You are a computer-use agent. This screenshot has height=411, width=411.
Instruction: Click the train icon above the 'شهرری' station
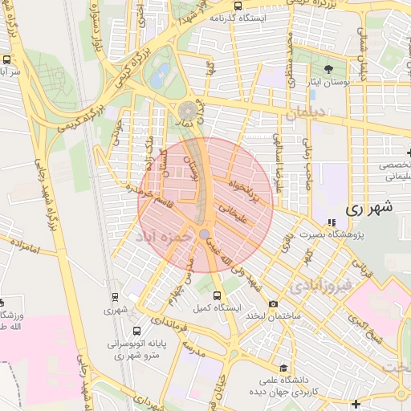(114, 295)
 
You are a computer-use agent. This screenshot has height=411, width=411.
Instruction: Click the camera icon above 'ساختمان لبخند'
(274, 303)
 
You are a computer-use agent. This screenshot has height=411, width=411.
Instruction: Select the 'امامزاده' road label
(27, 246)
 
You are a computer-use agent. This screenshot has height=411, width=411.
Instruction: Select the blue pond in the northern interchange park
(159, 75)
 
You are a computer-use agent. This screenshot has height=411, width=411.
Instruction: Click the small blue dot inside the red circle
(205, 234)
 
